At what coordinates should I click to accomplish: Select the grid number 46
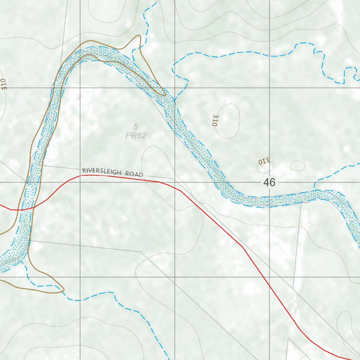pos(269,182)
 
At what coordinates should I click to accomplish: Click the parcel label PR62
pos(136,136)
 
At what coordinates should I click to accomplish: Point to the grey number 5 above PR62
pos(136,127)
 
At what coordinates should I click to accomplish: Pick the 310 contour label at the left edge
pos(4,84)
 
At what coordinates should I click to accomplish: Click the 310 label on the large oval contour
pos(215,120)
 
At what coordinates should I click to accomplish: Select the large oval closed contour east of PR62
pos(228,121)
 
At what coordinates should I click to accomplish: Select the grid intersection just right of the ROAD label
pos(175,182)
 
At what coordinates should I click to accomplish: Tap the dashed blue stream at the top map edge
pos(155,1)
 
